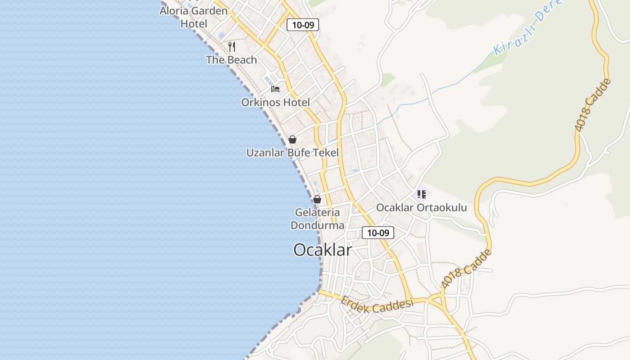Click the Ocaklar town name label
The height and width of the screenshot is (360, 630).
click(x=322, y=250)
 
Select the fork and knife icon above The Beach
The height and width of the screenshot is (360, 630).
click(x=232, y=46)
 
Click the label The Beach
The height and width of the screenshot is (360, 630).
click(x=231, y=59)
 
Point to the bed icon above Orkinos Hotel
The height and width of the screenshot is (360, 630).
click(x=275, y=89)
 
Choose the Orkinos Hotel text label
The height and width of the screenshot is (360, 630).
click(x=275, y=102)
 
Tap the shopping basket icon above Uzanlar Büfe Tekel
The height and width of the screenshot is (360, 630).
click(x=292, y=139)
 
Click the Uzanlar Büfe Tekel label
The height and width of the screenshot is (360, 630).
click(x=292, y=153)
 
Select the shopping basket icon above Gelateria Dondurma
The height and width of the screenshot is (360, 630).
click(x=317, y=199)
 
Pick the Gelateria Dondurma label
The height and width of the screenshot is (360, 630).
click(x=317, y=218)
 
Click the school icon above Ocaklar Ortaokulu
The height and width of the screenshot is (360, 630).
click(x=421, y=194)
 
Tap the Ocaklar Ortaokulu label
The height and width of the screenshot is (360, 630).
click(x=421, y=207)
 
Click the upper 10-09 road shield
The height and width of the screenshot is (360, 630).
click(x=303, y=25)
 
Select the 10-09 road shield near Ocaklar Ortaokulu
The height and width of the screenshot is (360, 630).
click(x=378, y=233)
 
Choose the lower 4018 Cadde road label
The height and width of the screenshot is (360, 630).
click(x=467, y=268)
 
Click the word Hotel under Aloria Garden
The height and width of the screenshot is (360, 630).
click(x=193, y=23)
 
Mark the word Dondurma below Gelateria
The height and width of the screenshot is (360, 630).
click(x=317, y=225)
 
